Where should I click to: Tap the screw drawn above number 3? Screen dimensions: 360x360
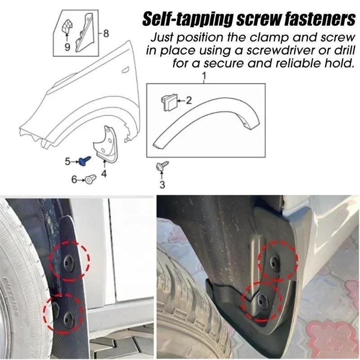tap(162, 167)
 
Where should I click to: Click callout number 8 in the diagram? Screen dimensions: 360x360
tap(106, 33)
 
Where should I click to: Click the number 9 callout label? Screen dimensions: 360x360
tap(67, 46)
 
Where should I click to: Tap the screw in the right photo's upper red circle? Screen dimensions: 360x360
tap(274, 261)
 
